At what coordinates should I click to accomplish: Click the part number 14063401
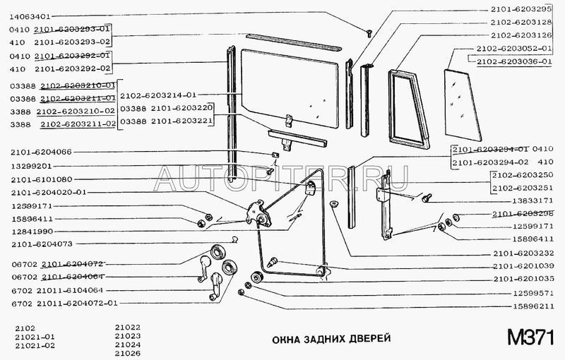(x=31, y=14)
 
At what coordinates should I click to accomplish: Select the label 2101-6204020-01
(x=49, y=193)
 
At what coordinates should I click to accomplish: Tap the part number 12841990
(x=31, y=232)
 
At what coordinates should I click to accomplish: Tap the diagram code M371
(x=529, y=337)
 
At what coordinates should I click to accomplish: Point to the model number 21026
(x=127, y=354)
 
